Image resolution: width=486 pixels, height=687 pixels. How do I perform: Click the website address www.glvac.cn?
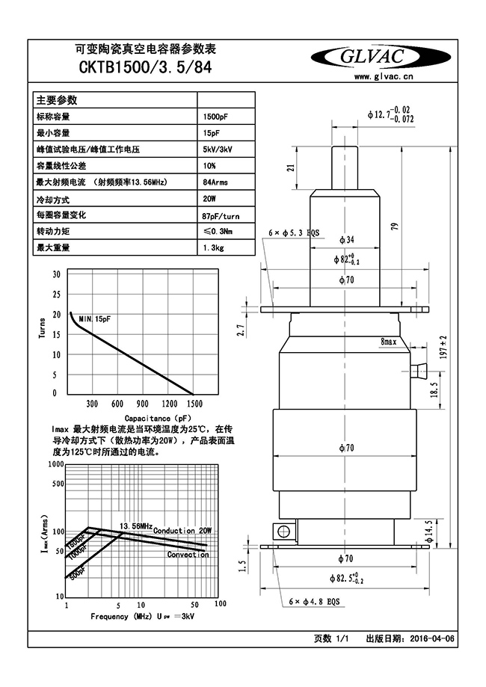click(x=385, y=77)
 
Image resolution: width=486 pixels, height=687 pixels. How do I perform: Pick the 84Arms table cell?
click(x=215, y=182)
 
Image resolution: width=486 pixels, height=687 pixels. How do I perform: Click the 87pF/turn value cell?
click(x=221, y=215)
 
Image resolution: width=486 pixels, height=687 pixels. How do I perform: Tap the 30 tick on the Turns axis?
click(x=56, y=274)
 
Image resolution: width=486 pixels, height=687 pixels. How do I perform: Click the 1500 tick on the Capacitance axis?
click(x=192, y=404)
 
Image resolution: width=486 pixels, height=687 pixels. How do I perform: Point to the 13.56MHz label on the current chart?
click(x=136, y=526)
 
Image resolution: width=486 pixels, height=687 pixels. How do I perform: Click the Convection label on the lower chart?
click(x=188, y=555)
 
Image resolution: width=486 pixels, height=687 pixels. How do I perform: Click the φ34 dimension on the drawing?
click(x=345, y=240)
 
